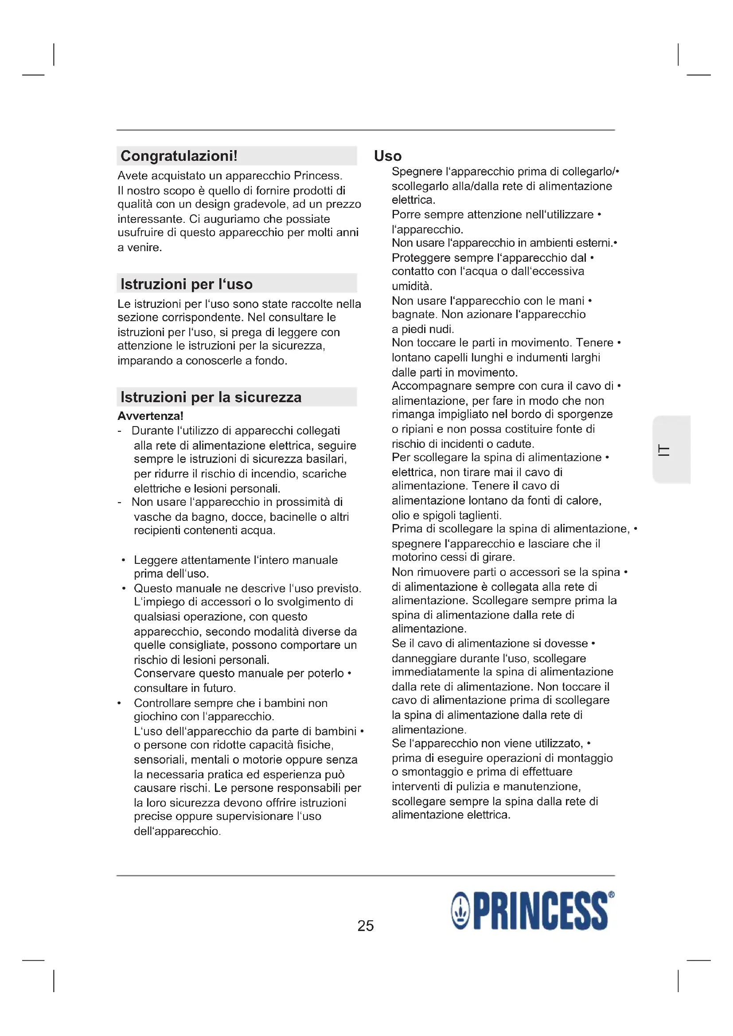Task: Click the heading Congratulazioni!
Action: point(179,156)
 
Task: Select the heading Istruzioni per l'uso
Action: point(187,284)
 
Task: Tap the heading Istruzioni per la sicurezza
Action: point(211,397)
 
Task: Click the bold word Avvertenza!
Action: point(150,416)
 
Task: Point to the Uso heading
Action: point(388,156)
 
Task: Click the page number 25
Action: point(366,925)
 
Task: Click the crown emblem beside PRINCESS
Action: point(461,912)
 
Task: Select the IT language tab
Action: point(664,450)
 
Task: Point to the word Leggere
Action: point(155,560)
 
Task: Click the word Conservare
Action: point(164,673)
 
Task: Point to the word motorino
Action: point(413,557)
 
